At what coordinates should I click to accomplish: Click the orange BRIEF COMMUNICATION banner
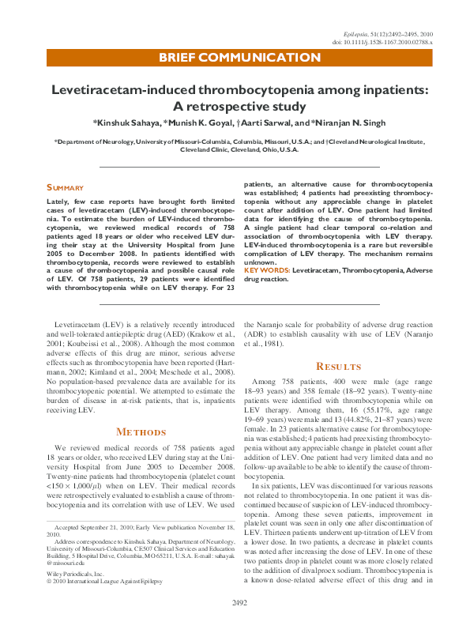point(239,58)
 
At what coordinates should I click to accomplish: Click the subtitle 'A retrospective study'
point(239,107)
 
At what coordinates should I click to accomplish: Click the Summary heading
point(65,187)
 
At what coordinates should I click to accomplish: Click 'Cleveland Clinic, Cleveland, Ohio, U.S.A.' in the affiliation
point(239,149)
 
